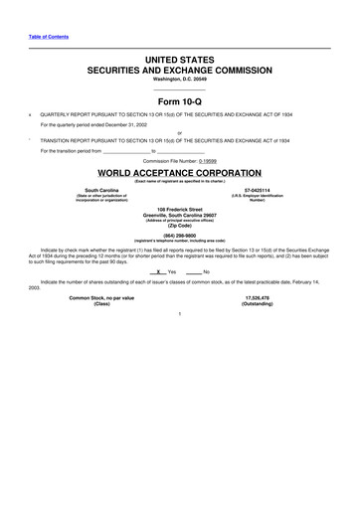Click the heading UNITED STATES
click(x=179, y=61)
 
